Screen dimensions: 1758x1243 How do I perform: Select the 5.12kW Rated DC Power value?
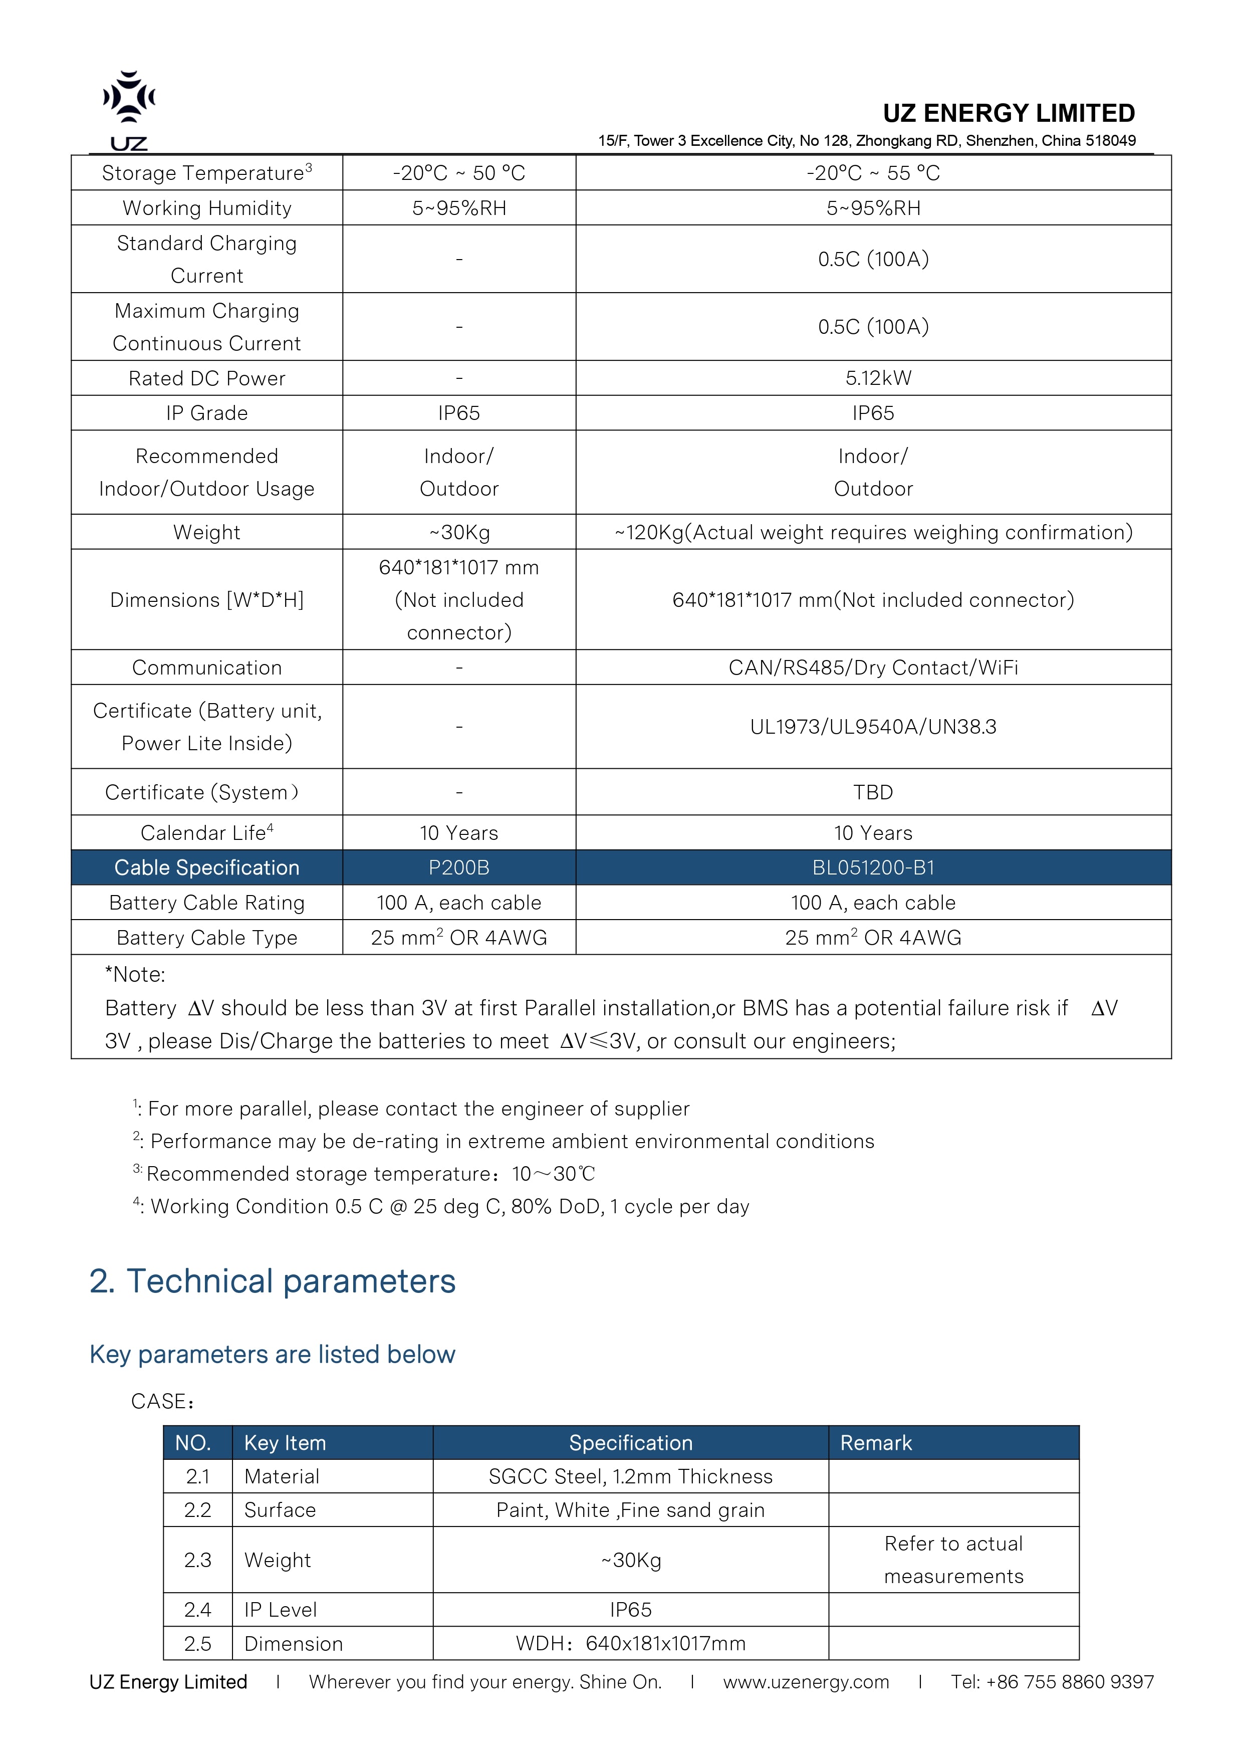pos(873,378)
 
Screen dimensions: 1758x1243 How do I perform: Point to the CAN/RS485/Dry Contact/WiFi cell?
pos(873,668)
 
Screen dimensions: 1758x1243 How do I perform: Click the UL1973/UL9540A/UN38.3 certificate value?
pos(873,727)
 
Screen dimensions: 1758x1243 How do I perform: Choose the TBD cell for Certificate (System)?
pos(873,792)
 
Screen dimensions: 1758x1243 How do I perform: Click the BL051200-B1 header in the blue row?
pos(873,867)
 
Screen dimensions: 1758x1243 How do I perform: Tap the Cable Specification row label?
pos(206,867)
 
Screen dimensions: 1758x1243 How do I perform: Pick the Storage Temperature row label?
pos(206,173)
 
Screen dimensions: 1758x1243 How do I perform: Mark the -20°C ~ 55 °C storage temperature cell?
pos(873,173)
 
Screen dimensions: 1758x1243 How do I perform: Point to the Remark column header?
pos(876,1443)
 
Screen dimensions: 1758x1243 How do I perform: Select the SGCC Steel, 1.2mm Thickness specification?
pos(631,1477)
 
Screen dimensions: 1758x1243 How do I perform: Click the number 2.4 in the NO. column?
pos(197,1610)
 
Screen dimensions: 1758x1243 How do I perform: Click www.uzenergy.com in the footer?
pos(806,1682)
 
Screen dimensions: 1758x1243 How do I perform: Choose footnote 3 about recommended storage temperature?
pos(364,1174)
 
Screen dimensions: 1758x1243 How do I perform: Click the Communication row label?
pos(206,668)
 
